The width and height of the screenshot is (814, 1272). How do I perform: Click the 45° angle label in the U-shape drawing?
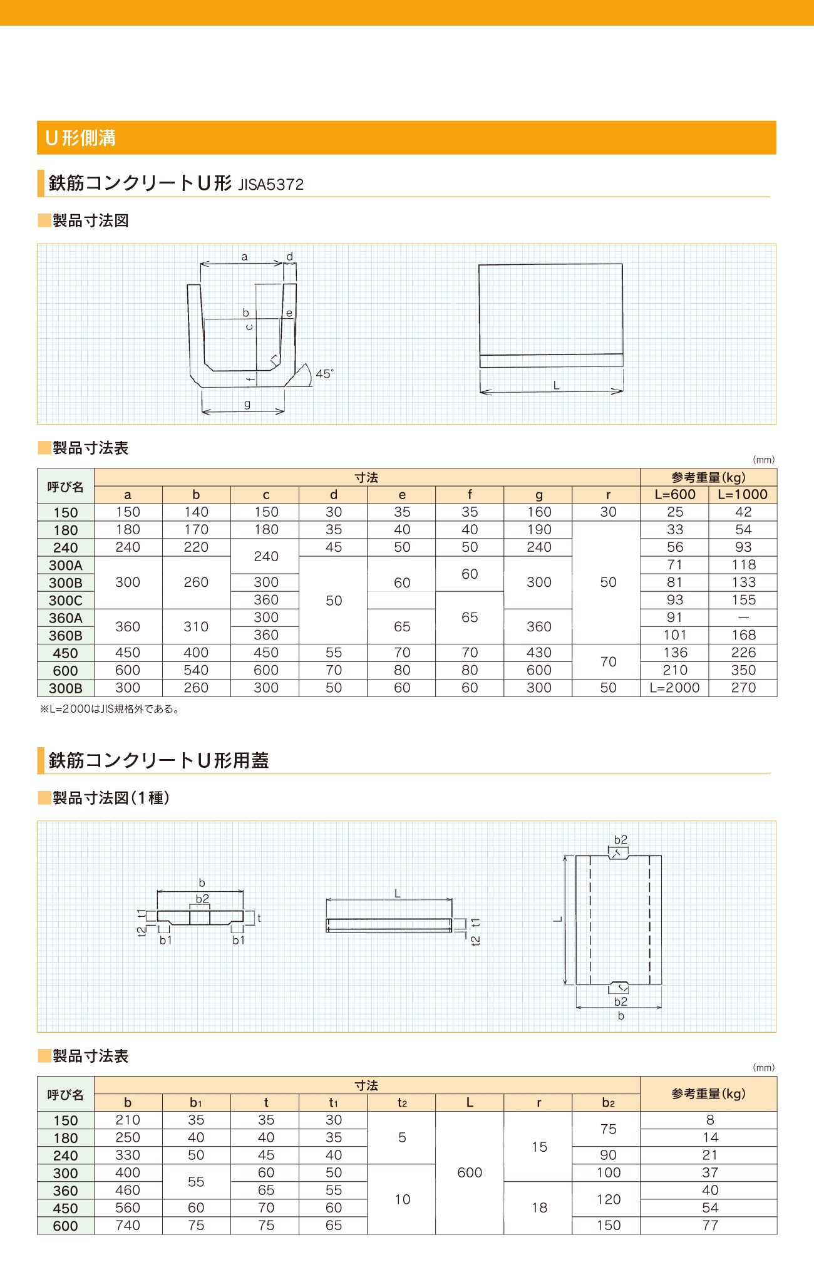324,374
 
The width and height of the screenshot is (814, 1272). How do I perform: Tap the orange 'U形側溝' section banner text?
81,138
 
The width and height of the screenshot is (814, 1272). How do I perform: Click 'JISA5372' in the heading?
270,185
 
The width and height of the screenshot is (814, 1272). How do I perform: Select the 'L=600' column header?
675,494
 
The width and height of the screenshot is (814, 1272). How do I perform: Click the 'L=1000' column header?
743,494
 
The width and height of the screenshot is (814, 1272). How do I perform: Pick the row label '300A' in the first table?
66,565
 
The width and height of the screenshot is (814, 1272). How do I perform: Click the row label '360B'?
66,635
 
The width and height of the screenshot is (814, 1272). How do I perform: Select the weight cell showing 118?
743,565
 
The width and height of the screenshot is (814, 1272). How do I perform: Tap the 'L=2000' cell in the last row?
674,688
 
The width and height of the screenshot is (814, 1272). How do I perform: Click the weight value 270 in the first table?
743,688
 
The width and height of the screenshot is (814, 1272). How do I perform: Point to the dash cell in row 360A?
743,618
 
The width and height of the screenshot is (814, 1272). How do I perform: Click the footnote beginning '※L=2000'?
110,709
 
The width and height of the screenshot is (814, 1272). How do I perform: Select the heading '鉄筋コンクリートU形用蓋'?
158,760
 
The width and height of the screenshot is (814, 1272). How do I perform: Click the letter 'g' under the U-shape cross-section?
247,404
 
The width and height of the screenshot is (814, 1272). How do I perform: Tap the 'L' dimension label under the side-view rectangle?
556,385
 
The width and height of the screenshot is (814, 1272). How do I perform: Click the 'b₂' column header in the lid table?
608,1103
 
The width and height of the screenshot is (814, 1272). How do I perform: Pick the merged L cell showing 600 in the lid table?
470,1172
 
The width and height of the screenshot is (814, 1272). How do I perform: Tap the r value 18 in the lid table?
539,1207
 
